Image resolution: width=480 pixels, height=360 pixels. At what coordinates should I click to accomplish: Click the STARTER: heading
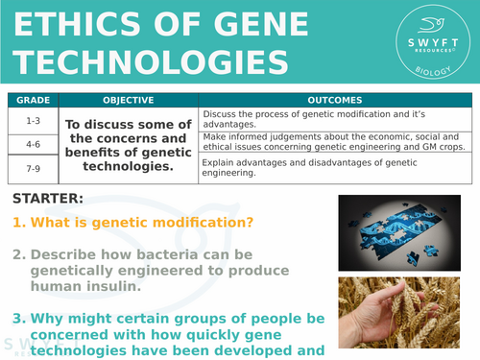coord(48,199)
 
